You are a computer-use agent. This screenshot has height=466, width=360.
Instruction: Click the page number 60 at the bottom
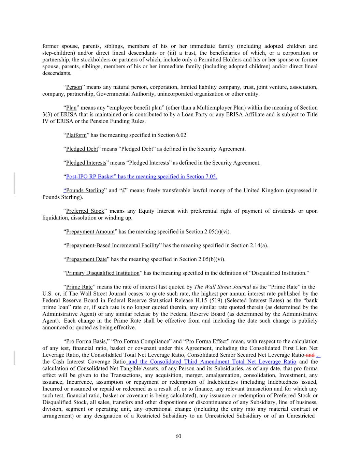coord(178,436)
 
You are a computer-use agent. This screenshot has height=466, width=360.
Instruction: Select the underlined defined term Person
coord(74,87)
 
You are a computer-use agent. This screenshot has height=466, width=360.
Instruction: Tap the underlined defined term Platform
coord(76,135)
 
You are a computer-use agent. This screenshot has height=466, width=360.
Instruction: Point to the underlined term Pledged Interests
coord(86,163)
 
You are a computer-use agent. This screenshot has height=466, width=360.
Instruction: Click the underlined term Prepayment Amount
coord(90,232)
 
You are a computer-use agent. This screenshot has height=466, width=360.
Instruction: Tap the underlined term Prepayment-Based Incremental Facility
coord(113,245)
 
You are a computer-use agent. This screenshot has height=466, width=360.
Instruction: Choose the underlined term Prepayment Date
coord(86,259)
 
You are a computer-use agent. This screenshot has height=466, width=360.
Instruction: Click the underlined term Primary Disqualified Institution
coord(103,273)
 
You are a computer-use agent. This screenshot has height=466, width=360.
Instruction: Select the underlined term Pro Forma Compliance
coord(142,341)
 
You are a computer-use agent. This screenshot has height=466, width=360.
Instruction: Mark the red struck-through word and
coord(310,355)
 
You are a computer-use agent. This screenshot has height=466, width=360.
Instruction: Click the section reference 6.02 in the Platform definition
coord(182,135)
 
